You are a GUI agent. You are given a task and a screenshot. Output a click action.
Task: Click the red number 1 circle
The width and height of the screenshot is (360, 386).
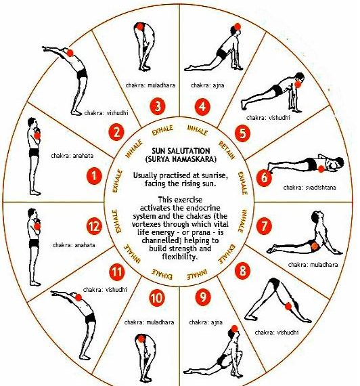pyautogui.click(x=94, y=176)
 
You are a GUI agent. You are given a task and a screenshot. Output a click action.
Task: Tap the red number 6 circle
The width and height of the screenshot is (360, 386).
pyautogui.click(x=264, y=177)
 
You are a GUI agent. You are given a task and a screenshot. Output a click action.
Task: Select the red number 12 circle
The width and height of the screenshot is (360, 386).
pyautogui.click(x=94, y=226)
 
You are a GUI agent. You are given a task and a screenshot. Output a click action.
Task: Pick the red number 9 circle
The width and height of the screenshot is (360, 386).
pyautogui.click(x=203, y=297)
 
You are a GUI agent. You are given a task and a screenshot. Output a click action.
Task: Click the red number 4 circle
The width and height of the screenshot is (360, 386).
pyautogui.click(x=202, y=107)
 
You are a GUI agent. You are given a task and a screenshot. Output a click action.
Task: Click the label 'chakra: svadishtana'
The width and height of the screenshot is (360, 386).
pyautogui.click(x=309, y=188)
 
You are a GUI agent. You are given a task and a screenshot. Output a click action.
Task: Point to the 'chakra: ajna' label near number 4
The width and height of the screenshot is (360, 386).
pyautogui.click(x=208, y=85)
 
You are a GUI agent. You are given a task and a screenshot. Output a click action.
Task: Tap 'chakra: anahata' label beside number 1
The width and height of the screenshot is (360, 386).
pyautogui.click(x=72, y=156)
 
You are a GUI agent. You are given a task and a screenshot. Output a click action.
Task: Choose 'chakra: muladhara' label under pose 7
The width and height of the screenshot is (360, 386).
pyautogui.click(x=313, y=265)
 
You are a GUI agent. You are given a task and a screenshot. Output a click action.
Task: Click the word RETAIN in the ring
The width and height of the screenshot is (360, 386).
pyautogui.click(x=227, y=150)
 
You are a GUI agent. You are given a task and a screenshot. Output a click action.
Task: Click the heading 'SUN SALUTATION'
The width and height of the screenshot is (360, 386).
pyautogui.click(x=181, y=150)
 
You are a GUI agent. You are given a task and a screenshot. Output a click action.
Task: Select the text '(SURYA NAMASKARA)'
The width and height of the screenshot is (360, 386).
pyautogui.click(x=181, y=159)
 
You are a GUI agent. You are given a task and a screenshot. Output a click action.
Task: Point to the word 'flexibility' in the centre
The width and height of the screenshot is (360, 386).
pyautogui.click(x=179, y=257)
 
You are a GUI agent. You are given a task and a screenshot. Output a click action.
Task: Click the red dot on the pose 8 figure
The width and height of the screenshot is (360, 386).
pyautogui.click(x=288, y=306)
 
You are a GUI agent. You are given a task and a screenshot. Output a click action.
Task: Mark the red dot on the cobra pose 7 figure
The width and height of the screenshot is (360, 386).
pyautogui.click(x=315, y=246)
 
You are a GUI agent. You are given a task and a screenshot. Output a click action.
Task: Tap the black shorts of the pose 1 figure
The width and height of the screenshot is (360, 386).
pyautogui.click(x=34, y=152)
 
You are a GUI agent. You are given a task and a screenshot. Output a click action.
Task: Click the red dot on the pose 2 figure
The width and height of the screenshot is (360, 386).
pyautogui.click(x=70, y=53)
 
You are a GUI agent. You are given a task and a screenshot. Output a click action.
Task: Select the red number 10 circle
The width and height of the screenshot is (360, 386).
pyautogui.click(x=157, y=299)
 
